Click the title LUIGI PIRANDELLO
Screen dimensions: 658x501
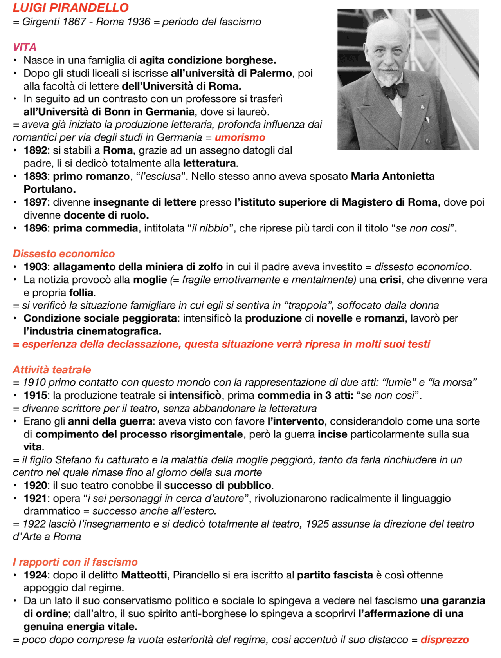click(70, 7)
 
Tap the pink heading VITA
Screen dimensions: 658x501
click(24, 47)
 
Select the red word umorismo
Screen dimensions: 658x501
click(240, 137)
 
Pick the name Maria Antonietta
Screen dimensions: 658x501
click(393, 176)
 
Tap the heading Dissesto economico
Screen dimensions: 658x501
click(64, 254)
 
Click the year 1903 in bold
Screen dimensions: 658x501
click(35, 267)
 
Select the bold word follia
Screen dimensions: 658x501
click(81, 293)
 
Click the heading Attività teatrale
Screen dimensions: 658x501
click(52, 370)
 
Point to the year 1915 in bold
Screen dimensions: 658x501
click(35, 395)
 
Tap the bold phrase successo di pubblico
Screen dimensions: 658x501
click(218, 485)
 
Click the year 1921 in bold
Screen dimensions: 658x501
click(35, 498)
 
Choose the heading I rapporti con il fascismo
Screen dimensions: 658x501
click(75, 562)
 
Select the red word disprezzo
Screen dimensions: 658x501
click(445, 640)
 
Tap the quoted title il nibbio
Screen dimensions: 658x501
click(210, 228)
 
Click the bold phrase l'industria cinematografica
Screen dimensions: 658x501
click(92, 331)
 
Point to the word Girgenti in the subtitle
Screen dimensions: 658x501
click(41, 22)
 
